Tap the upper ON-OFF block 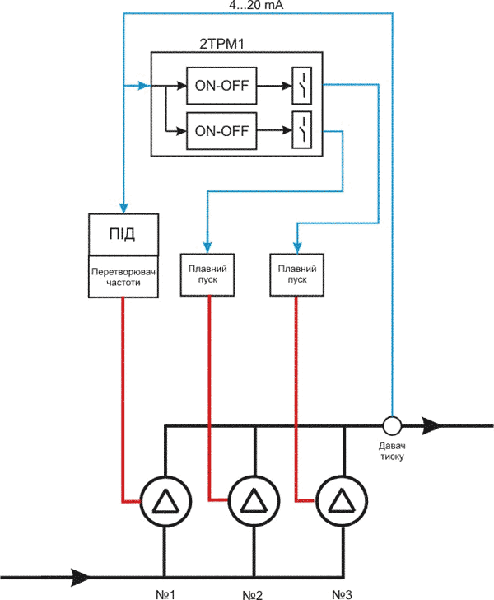click(221, 84)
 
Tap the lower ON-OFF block click(221, 129)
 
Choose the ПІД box click(123, 234)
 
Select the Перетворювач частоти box click(123, 275)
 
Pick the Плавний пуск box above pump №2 click(207, 274)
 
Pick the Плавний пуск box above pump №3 click(294, 274)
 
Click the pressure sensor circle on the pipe click(392, 425)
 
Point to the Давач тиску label click(392, 450)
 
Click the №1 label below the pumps click(166, 593)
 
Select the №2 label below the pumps click(254, 593)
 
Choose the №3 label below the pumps click(342, 593)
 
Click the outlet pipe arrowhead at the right click(434, 425)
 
